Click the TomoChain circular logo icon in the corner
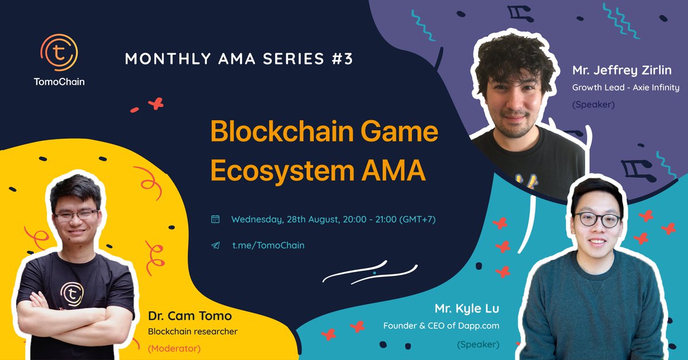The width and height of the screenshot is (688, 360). (x=59, y=53)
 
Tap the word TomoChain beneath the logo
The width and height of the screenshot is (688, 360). (x=59, y=82)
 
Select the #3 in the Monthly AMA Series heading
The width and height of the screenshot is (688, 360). (x=342, y=58)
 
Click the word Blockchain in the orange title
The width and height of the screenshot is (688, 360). (x=282, y=131)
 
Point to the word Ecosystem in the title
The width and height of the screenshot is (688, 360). (x=282, y=171)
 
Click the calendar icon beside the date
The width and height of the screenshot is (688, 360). (x=216, y=219)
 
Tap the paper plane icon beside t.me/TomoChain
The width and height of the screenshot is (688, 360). (x=216, y=245)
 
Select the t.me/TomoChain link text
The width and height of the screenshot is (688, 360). (x=268, y=245)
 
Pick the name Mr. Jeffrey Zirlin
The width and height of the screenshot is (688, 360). (x=622, y=70)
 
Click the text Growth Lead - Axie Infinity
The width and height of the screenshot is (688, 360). (x=626, y=88)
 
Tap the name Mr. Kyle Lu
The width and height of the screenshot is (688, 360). (x=467, y=308)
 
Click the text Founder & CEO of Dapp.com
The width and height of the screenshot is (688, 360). (x=441, y=326)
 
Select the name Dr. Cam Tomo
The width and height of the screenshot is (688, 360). (x=190, y=316)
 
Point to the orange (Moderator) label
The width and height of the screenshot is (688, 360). (x=174, y=349)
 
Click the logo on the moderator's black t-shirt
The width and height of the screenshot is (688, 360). (x=72, y=294)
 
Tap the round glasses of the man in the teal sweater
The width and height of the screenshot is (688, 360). (x=597, y=220)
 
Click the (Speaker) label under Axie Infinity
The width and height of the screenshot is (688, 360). (x=593, y=105)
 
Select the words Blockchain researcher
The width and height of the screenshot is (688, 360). (x=193, y=331)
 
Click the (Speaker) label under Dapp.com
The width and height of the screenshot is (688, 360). (x=478, y=345)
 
